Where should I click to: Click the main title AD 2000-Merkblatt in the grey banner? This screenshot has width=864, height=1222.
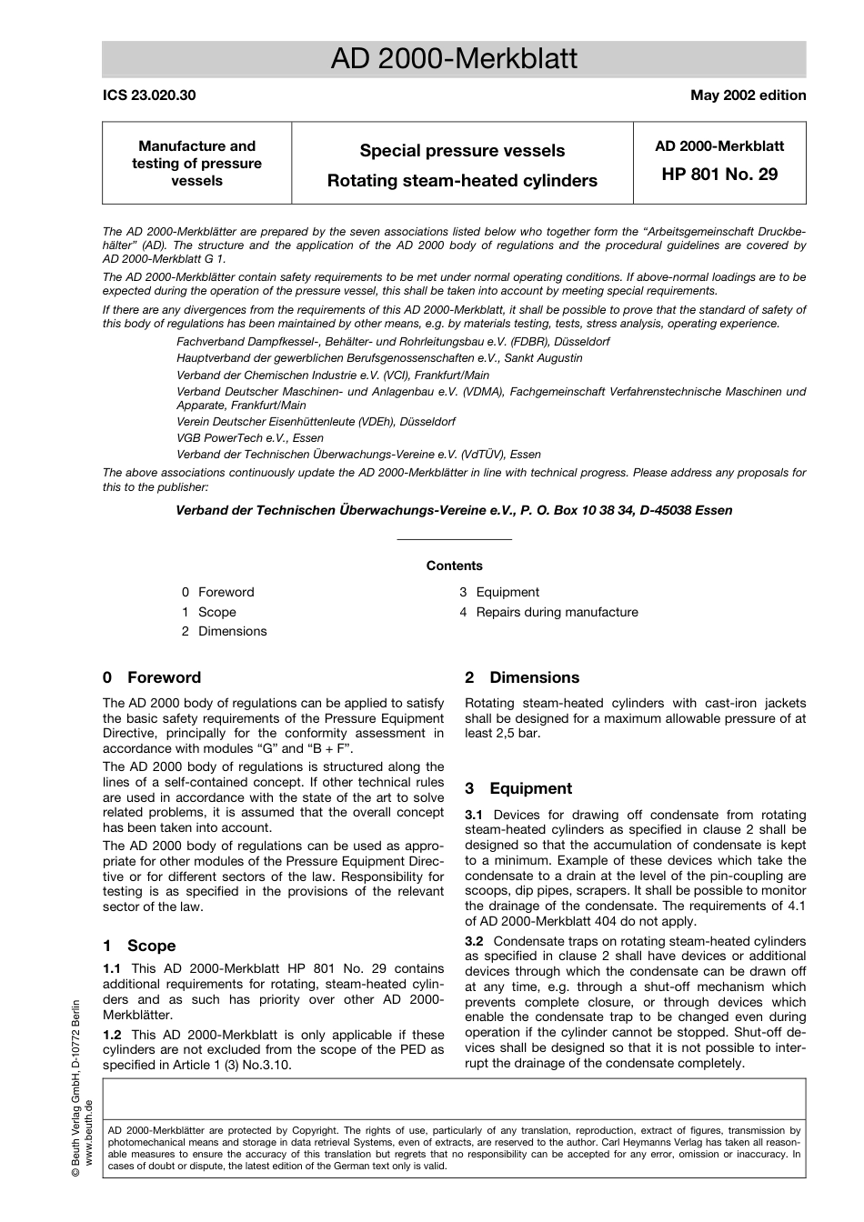tap(454, 59)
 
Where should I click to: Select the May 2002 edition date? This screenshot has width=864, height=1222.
tap(748, 95)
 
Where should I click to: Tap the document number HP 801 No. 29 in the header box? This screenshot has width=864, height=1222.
tap(719, 174)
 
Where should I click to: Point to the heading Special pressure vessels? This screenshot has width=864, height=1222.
tap(462, 151)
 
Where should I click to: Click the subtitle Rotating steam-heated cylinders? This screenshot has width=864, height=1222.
tap(462, 180)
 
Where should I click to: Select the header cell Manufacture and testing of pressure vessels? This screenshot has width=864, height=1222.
tap(196, 163)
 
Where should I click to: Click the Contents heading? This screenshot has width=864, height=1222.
tap(454, 566)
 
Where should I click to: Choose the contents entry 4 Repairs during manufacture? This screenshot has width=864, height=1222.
tap(548, 612)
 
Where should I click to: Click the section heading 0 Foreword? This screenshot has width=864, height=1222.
tap(152, 677)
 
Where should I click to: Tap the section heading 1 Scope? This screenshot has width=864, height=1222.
tap(139, 946)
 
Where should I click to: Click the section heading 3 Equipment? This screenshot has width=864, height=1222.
tap(518, 788)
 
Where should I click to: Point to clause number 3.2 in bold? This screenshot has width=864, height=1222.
tap(474, 941)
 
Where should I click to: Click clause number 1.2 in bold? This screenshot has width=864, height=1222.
tap(112, 1035)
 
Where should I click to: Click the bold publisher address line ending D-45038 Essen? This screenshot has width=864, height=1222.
tap(454, 510)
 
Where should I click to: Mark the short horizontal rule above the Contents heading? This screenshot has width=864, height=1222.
tap(454, 539)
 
